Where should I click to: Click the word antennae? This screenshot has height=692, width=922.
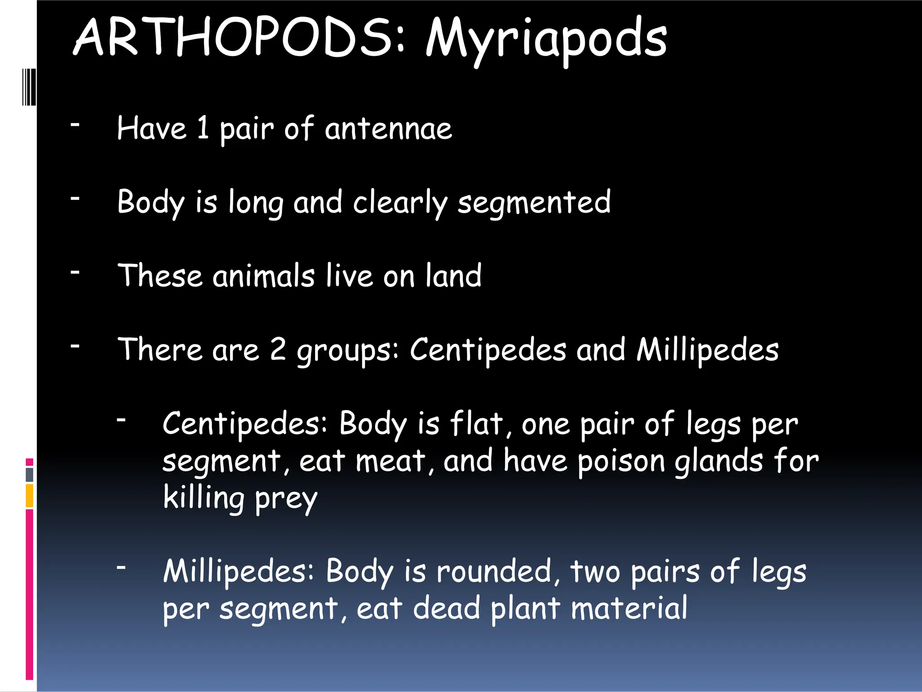(x=388, y=129)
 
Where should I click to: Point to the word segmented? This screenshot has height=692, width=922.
(x=534, y=203)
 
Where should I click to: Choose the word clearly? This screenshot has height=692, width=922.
(x=400, y=203)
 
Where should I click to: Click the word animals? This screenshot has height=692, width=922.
(x=263, y=276)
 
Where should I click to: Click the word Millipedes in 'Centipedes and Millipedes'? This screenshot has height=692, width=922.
(x=707, y=350)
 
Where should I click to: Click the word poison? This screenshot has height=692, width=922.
(x=621, y=462)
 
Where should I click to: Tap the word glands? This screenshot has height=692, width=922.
(x=719, y=461)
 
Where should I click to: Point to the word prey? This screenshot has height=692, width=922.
(x=286, y=499)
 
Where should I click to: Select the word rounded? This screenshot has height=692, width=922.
(x=493, y=571)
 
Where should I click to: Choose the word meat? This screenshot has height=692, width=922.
(x=390, y=461)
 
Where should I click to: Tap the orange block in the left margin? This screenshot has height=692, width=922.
(x=29, y=496)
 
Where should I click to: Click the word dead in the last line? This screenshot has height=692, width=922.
(x=446, y=608)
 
